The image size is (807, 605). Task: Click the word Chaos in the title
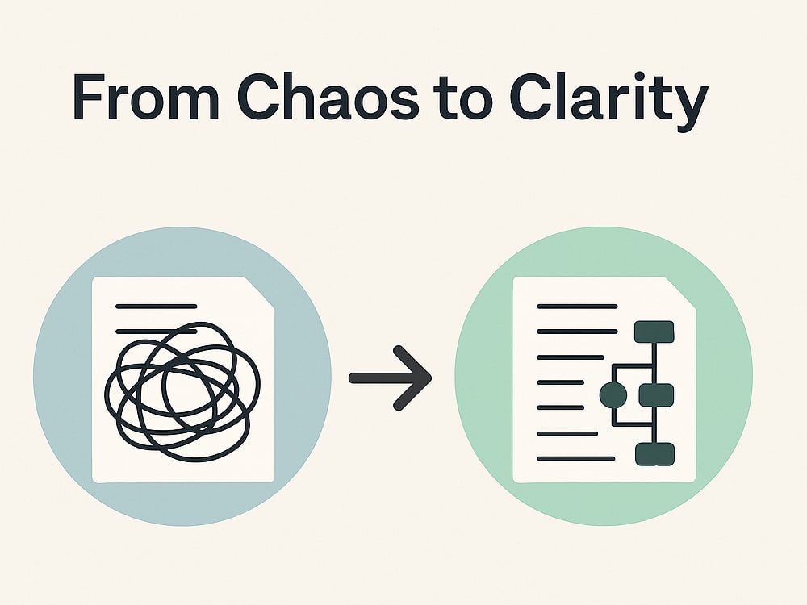pos(328,97)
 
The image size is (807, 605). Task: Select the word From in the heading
pos(145,98)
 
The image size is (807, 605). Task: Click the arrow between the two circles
pos(390,378)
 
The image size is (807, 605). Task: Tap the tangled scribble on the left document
pos(182,391)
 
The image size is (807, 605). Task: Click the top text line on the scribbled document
pos(156,307)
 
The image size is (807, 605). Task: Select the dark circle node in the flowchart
pos(613,395)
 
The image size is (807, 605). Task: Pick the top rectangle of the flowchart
pos(654,332)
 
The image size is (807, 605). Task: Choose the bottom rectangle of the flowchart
pos(654,454)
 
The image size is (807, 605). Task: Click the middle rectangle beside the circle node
pos(656,395)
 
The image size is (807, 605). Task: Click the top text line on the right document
pos(577,307)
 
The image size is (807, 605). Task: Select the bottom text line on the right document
pos(576,458)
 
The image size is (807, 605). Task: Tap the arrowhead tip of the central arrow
pos(431,378)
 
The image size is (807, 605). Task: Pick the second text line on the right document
pos(577,332)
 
